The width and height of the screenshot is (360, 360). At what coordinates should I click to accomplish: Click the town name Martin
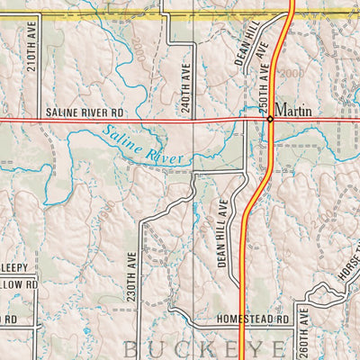click(293, 110)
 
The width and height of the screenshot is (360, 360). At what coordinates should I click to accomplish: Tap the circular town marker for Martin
click(268, 118)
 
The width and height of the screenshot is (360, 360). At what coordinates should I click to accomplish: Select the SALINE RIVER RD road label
click(80, 111)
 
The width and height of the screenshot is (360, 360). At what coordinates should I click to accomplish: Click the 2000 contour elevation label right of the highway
click(292, 72)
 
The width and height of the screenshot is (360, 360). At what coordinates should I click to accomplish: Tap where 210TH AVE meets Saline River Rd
click(40, 118)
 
